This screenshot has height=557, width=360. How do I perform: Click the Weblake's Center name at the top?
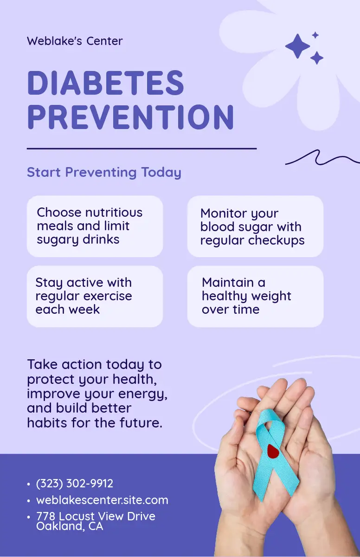[75, 41]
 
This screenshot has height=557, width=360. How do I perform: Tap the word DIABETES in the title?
[106, 83]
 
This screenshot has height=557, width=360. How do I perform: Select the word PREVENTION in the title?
[131, 117]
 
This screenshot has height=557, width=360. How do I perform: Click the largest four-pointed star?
[298, 46]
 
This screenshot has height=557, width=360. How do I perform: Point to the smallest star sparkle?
[315, 35]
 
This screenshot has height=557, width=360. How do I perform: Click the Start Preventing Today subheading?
[104, 172]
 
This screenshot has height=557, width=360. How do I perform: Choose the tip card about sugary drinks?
[95, 227]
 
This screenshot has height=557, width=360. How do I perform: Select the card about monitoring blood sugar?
[256, 227]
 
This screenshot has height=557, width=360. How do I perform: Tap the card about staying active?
[95, 297]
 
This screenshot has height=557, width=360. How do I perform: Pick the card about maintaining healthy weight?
[256, 297]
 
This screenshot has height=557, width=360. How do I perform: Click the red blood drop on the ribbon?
[273, 451]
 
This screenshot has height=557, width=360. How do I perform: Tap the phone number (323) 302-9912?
[75, 483]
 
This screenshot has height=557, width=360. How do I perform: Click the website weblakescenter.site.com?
[102, 500]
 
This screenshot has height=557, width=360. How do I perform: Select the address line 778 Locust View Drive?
[96, 516]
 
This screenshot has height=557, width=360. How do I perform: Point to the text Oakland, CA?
[70, 526]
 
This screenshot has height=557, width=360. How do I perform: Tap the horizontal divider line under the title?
[141, 149]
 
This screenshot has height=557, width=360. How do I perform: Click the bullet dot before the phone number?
[29, 484]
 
